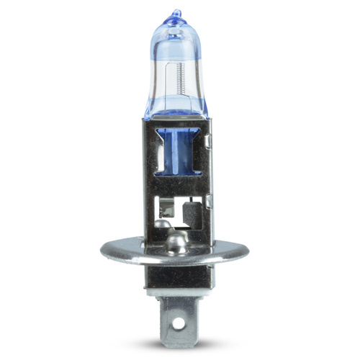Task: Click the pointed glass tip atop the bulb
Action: pos(176,14)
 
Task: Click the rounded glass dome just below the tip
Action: pos(176,29)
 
